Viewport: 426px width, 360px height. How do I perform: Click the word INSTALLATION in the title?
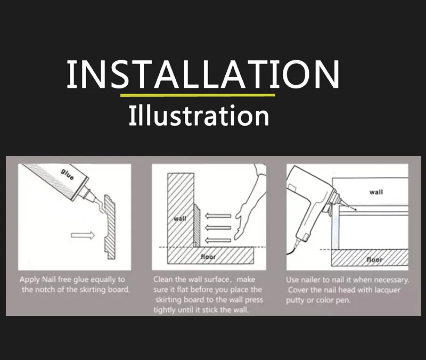(x=203, y=75)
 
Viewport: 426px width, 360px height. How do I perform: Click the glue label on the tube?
(x=67, y=174)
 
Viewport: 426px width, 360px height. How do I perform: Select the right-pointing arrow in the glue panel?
(x=83, y=235)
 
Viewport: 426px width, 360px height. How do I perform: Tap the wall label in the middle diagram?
(x=180, y=219)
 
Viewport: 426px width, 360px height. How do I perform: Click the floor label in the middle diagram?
(x=208, y=257)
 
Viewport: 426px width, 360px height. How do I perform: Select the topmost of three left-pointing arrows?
(x=218, y=216)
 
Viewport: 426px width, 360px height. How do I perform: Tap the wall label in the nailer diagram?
(x=376, y=192)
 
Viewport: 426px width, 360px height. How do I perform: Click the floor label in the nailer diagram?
(x=374, y=259)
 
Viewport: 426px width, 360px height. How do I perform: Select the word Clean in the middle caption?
(x=164, y=279)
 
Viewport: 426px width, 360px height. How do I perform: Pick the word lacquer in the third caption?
(x=385, y=290)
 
